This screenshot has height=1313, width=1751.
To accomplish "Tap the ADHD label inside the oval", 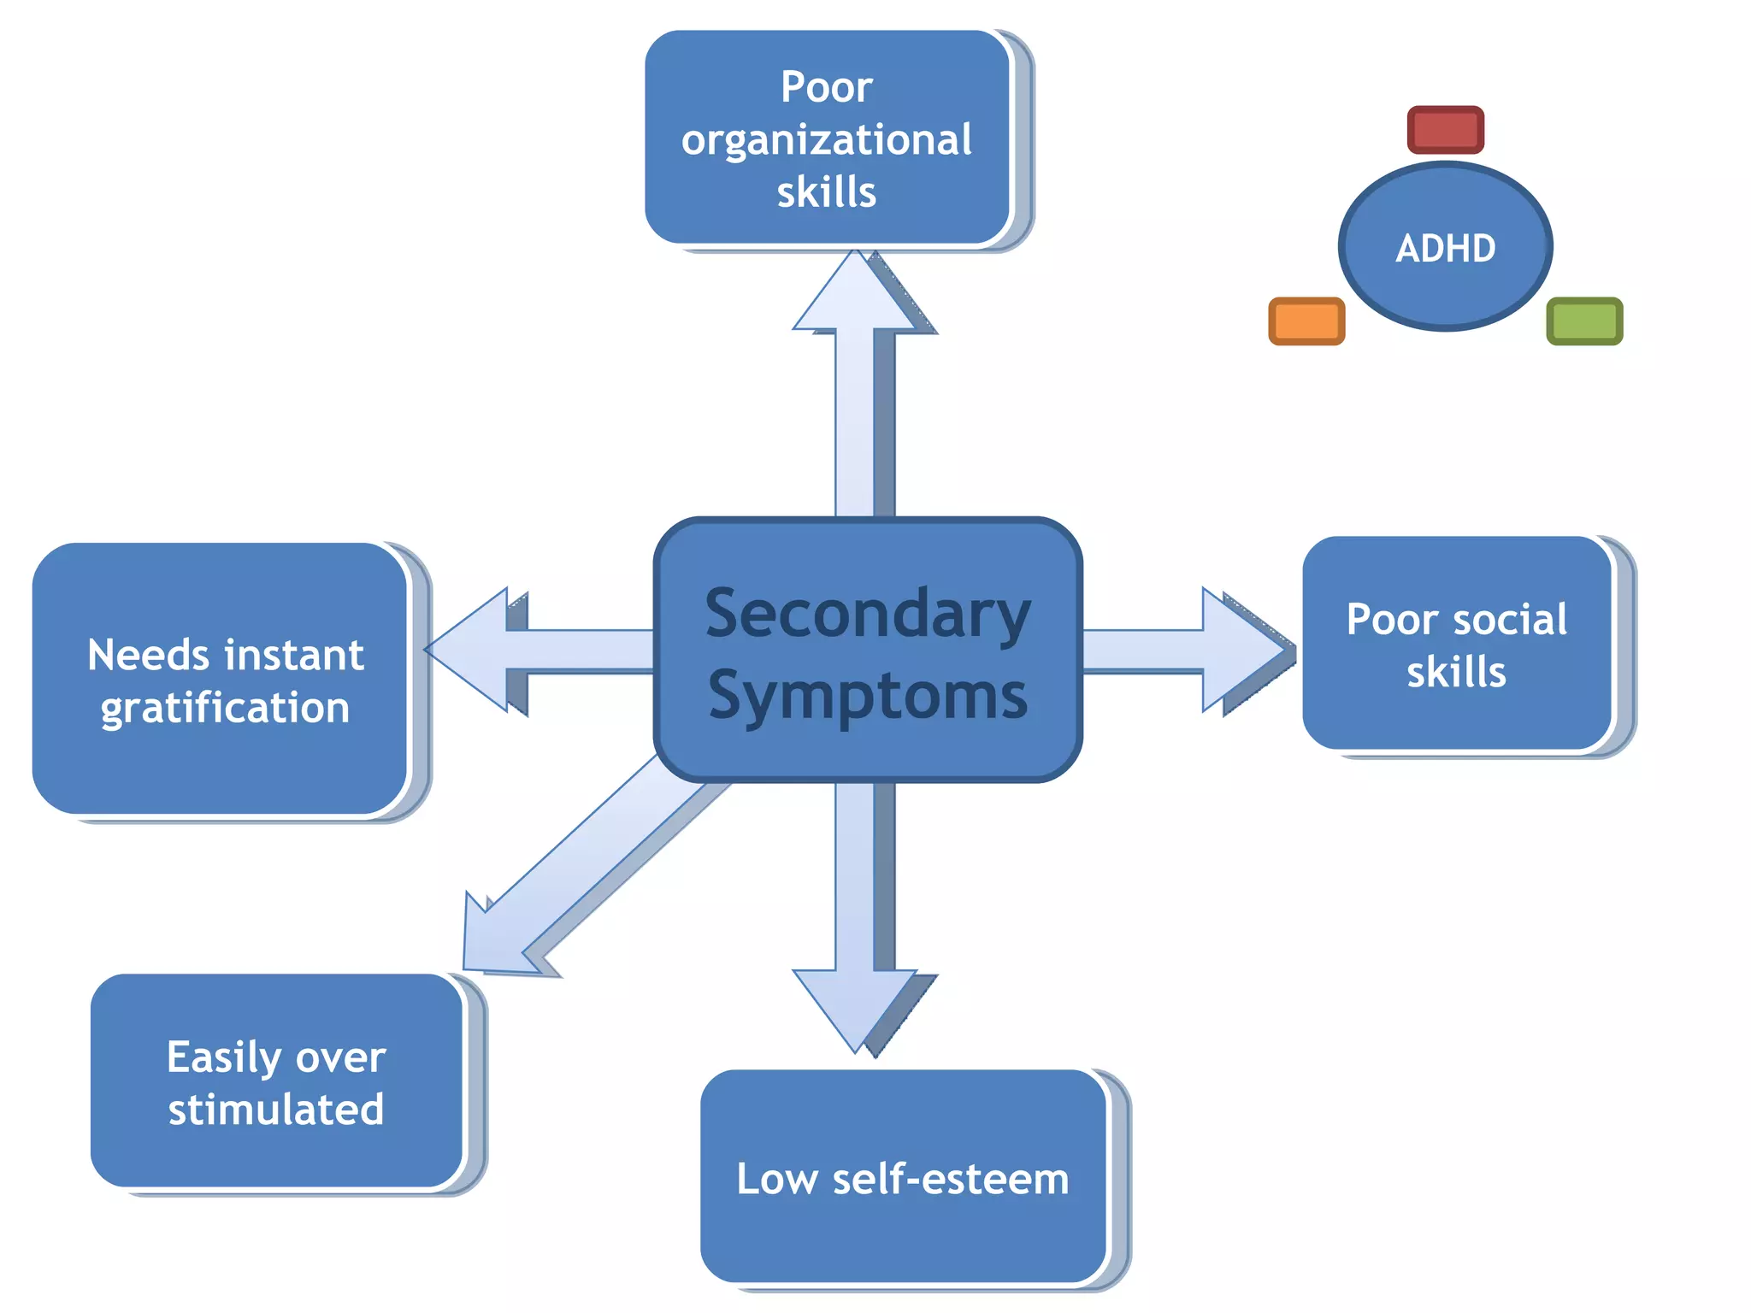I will [1445, 249].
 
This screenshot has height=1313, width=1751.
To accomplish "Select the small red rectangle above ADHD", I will [1445, 130].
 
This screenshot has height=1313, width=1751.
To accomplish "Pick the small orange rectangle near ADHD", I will [1306, 321].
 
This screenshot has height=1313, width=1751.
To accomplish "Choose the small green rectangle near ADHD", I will [1583, 321].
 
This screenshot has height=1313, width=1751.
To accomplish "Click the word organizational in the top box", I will [826, 140].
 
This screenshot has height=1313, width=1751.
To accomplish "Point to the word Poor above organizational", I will [826, 87].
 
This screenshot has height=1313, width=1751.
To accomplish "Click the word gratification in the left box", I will [225, 709].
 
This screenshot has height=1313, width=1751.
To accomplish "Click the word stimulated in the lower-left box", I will [275, 1110].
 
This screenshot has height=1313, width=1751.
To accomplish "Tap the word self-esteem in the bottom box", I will [950, 1180].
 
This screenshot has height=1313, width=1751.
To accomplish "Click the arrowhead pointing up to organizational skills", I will [856, 296].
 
